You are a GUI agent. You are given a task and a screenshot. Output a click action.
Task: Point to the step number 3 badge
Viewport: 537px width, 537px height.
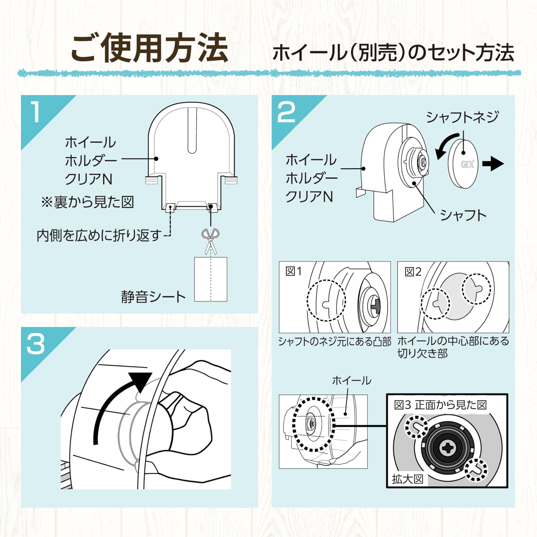coord(36,344)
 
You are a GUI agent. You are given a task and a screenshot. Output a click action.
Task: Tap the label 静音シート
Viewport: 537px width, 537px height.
coord(153,297)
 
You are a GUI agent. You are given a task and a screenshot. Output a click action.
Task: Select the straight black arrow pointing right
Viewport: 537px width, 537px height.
coord(493,164)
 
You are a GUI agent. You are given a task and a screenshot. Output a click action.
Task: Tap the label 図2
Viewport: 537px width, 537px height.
coord(413,272)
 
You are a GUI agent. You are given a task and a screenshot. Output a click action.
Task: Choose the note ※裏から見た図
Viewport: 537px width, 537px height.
coord(87,202)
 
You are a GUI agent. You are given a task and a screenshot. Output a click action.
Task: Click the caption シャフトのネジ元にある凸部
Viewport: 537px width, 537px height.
coord(335,341)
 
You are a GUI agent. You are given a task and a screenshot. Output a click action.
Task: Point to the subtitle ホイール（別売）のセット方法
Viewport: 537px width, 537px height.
coord(393,53)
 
